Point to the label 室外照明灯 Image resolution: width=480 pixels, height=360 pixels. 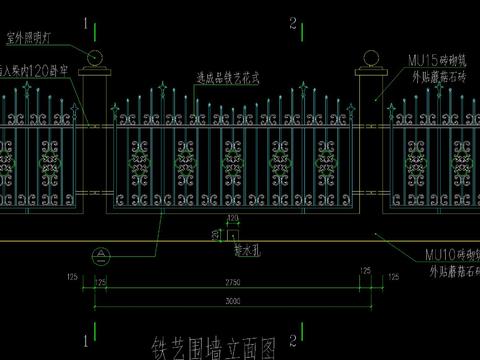(29, 39)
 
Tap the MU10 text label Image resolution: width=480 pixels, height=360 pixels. (439, 255)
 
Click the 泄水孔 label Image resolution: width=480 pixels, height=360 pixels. (247, 243)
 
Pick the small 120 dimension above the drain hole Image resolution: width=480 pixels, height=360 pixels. (233, 217)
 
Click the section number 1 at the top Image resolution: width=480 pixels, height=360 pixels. (89, 21)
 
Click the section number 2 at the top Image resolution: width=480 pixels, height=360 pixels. (291, 21)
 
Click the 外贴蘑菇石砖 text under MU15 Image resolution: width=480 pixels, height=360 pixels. (437, 75)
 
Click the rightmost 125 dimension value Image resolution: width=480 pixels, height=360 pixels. (363, 273)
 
